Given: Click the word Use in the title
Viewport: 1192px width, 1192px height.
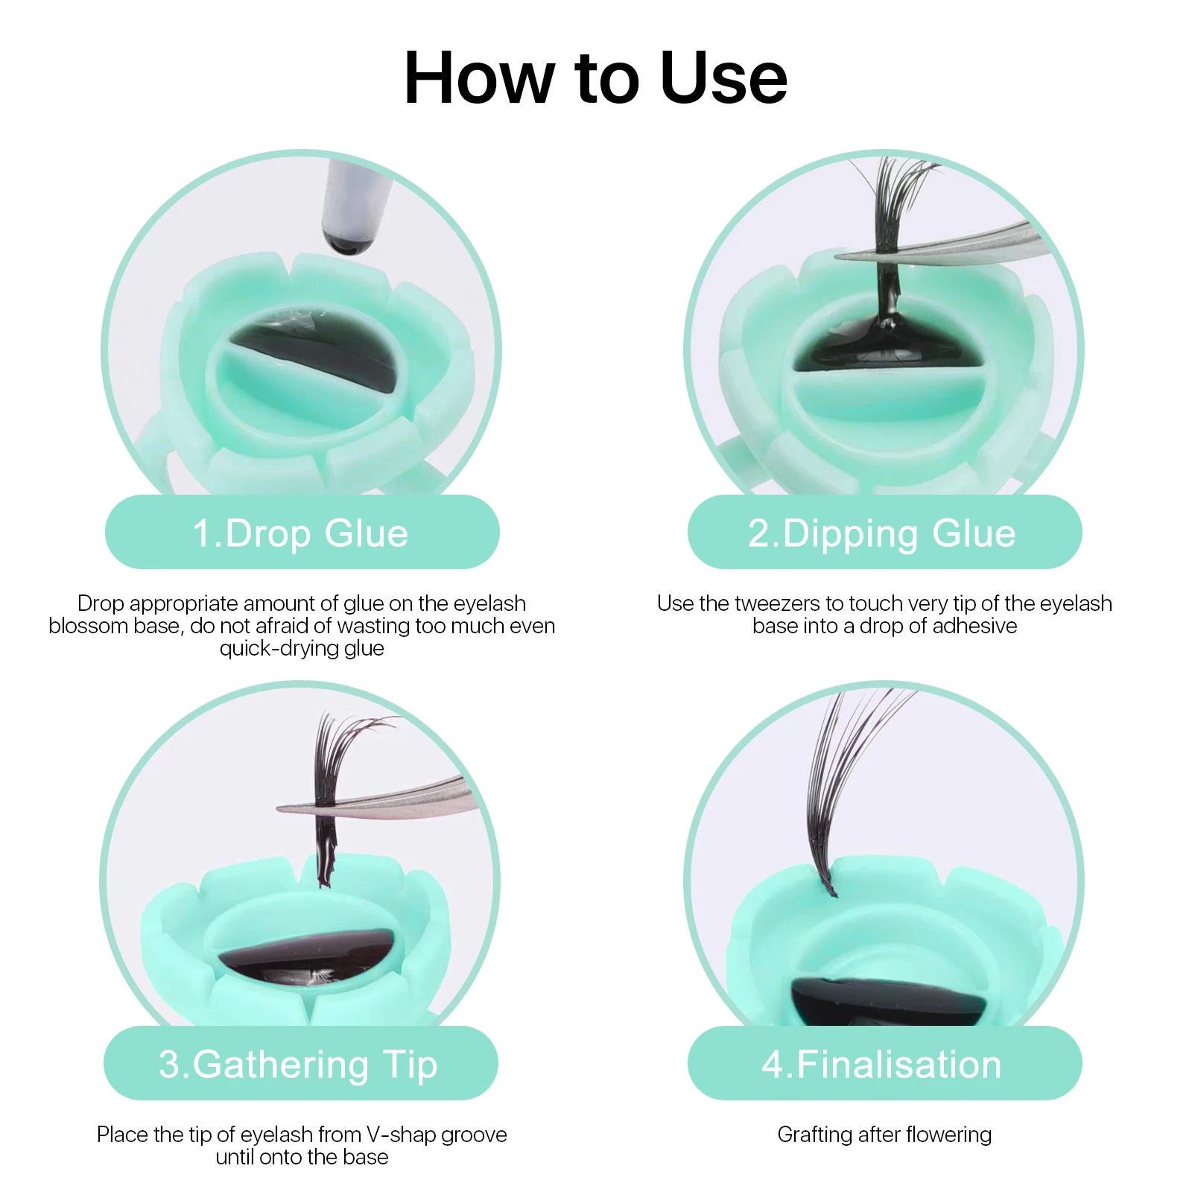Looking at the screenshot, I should coord(723,78).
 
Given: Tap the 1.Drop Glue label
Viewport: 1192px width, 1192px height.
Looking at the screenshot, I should coord(301,533).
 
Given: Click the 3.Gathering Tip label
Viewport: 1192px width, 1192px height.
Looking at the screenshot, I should coord(298,1064).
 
